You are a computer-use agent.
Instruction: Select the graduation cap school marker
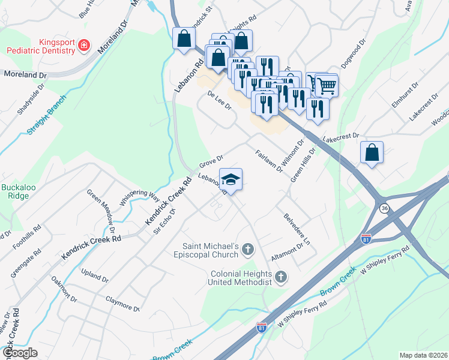[230, 179]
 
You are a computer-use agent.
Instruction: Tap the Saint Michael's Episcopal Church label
[212, 251]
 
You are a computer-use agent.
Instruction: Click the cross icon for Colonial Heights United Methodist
[280, 277]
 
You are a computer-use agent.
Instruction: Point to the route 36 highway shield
[384, 208]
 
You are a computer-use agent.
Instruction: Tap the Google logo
[20, 352]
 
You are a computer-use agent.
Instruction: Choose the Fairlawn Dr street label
[268, 161]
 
